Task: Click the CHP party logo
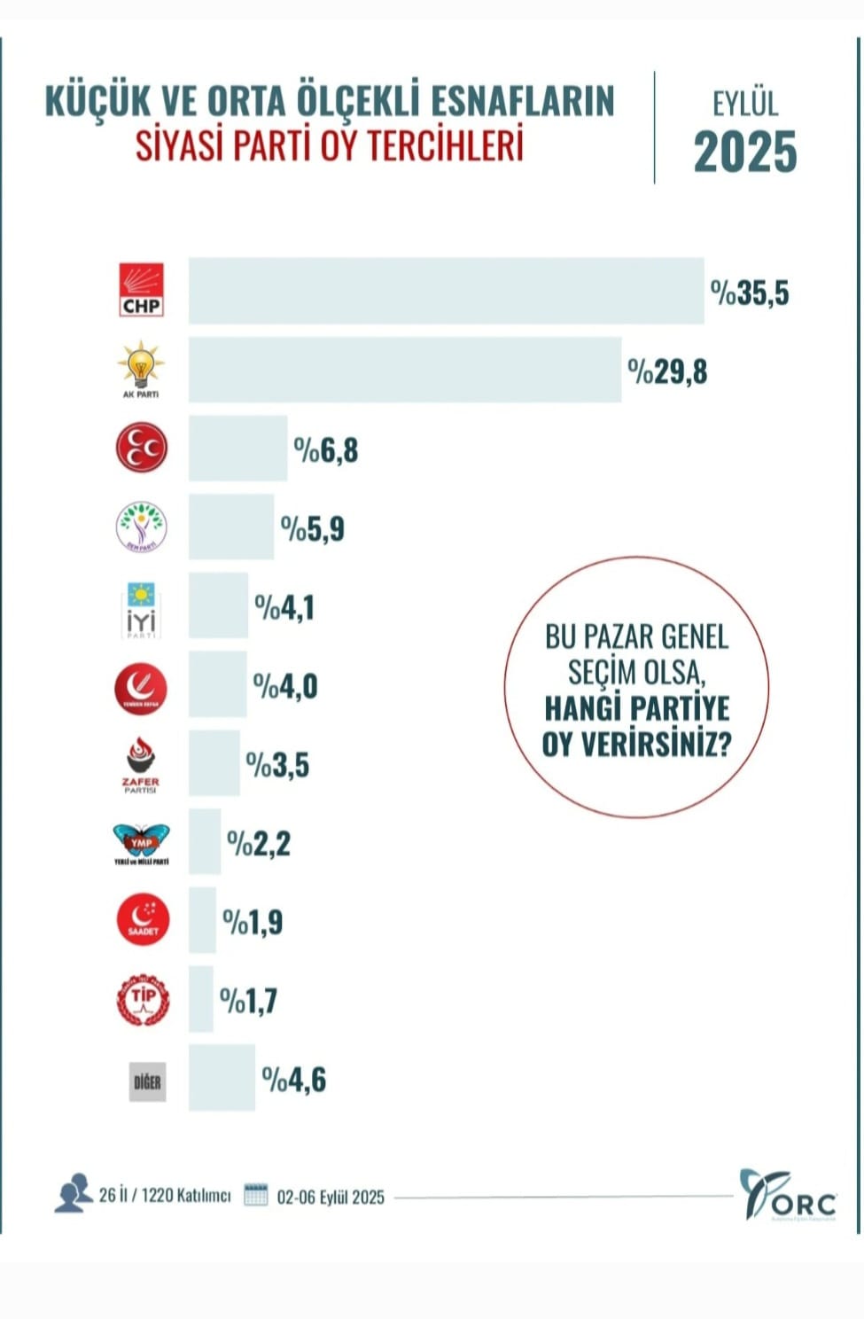point(142,290)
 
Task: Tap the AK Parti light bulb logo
point(141,368)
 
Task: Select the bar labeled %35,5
point(446,291)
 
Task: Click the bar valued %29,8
point(404,370)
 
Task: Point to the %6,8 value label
point(326,450)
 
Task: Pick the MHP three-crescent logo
point(142,448)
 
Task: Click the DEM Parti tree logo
point(142,527)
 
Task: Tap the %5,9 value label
point(313,529)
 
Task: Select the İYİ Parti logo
point(141,608)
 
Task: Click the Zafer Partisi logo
point(141,765)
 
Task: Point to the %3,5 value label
point(277,765)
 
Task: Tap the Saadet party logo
point(143,921)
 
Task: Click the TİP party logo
point(143,1000)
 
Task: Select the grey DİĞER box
point(147,1081)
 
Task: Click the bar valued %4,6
point(222,1078)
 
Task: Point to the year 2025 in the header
point(745,152)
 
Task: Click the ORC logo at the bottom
point(788,1196)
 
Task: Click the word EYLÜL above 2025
point(745,104)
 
